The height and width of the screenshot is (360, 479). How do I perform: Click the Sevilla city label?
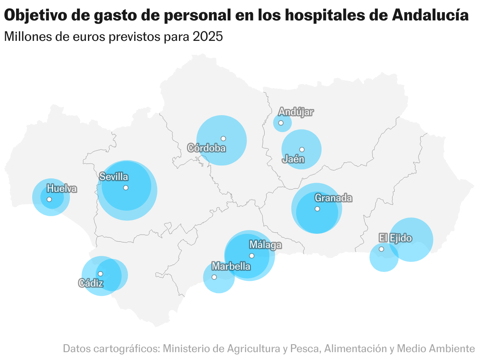[113, 177]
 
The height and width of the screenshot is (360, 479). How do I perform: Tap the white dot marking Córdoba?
[223, 138]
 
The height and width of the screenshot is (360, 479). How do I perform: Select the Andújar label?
[296, 112]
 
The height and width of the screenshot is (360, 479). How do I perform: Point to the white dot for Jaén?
[302, 149]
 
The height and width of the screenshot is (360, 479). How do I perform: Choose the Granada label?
[333, 198]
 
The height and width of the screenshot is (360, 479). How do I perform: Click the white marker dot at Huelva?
[49, 199]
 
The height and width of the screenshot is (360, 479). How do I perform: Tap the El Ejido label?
[395, 238]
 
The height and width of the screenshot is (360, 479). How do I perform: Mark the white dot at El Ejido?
[381, 249]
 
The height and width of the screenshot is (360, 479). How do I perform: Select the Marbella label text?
[231, 266]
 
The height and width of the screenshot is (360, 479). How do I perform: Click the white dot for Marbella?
[214, 277]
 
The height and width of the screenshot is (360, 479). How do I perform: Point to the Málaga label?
[265, 245]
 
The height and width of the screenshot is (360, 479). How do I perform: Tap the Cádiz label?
[91, 283]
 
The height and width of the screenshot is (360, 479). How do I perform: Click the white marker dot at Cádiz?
[101, 274]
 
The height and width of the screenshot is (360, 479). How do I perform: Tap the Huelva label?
[62, 189]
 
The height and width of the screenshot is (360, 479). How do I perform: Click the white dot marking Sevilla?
[126, 187]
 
